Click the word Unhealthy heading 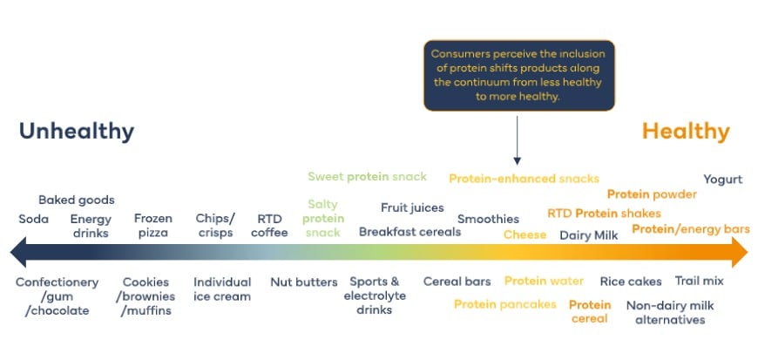(x=77, y=132)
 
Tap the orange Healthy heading (x=686, y=132)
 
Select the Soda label (x=34, y=219)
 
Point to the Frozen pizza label (x=153, y=226)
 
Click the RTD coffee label (x=269, y=226)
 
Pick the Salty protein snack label (x=323, y=219)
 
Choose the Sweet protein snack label (x=368, y=177)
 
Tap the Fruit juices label (x=412, y=208)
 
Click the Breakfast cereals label (x=410, y=232)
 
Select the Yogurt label (x=722, y=180)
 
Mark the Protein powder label (x=652, y=194)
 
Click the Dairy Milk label (x=589, y=235)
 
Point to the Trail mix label (x=699, y=282)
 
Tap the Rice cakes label (x=631, y=282)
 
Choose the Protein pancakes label (x=505, y=304)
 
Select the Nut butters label (x=304, y=282)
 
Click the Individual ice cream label (x=222, y=289)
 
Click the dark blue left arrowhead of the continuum (x=18, y=252)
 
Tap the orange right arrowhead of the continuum (x=740, y=252)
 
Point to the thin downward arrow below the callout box (x=518, y=140)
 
